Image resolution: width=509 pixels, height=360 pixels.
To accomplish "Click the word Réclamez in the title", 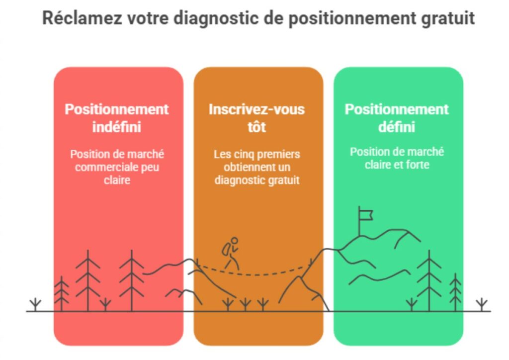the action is point(82,18).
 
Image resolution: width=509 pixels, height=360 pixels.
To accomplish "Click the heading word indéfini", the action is point(116,127).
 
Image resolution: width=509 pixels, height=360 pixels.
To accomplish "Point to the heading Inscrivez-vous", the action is point(257,109).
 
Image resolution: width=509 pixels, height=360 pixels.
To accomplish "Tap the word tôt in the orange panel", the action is point(257,127).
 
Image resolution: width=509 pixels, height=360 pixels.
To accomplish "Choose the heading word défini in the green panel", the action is point(397,127).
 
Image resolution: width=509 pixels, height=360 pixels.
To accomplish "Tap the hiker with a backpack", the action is point(231,254).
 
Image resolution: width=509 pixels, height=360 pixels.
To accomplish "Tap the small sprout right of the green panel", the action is point(482,304).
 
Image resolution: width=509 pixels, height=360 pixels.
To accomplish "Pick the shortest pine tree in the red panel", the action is point(61,294).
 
